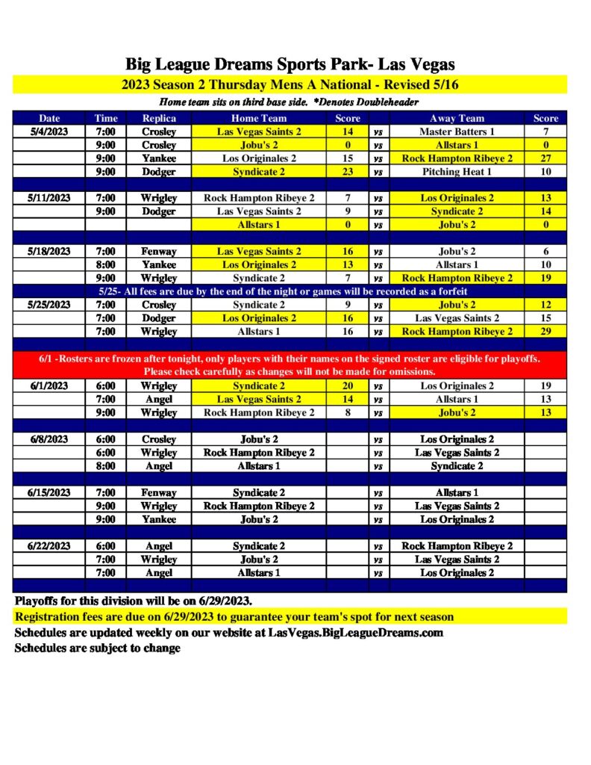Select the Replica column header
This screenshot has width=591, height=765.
point(158,118)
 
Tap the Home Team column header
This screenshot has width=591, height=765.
point(259,118)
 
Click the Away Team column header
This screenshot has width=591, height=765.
point(457,118)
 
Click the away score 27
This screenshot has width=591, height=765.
point(545,158)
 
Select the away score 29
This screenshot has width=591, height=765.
point(545,331)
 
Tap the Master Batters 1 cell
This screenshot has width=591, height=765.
point(457,131)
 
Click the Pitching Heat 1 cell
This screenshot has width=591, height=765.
point(457,172)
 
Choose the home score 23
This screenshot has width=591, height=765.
point(348,172)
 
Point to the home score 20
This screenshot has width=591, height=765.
point(348,386)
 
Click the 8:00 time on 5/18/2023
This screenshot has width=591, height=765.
point(105,264)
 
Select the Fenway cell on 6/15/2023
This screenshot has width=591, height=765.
point(158,493)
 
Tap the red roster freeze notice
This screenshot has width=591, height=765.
point(290,365)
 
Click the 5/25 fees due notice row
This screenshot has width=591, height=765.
point(290,291)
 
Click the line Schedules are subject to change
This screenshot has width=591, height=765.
point(97,648)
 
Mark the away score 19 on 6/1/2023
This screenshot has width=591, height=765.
point(545,386)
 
